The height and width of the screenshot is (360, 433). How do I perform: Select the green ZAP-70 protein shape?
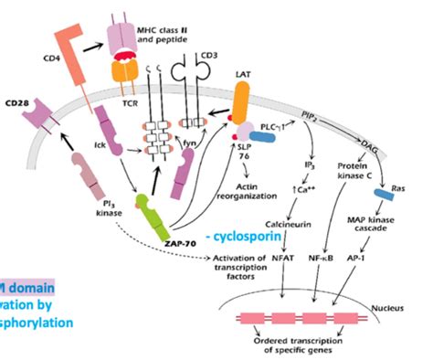(x=153, y=209)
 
